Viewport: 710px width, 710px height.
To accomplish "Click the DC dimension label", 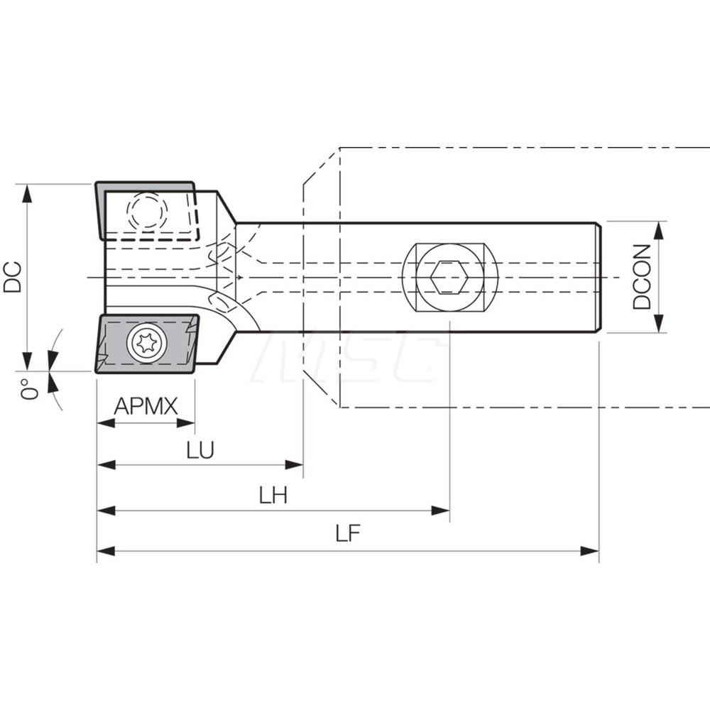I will click(13, 277).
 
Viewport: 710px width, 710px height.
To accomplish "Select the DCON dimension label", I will click(642, 277).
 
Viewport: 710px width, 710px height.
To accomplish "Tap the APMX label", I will click(146, 407).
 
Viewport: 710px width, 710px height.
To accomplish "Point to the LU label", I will click(200, 450).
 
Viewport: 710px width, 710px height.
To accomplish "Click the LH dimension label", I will click(273, 495).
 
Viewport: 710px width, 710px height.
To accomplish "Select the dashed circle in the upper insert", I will click(147, 211).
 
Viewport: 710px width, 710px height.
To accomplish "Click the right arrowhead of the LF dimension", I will click(589, 551).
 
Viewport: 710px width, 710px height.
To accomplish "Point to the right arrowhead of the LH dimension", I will click(440, 510).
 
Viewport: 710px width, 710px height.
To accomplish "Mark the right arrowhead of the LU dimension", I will click(294, 465).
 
